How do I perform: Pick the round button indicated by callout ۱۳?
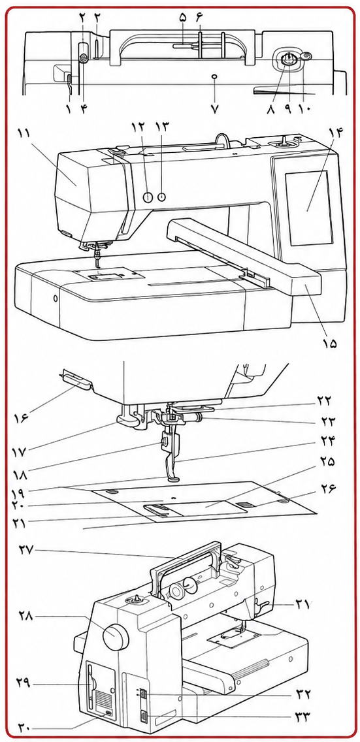161,197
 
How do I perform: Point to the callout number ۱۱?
25,133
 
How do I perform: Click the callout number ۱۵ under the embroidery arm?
330,343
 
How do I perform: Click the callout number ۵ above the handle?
183,17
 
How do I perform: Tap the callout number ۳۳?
321,717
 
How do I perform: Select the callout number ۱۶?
22,417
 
